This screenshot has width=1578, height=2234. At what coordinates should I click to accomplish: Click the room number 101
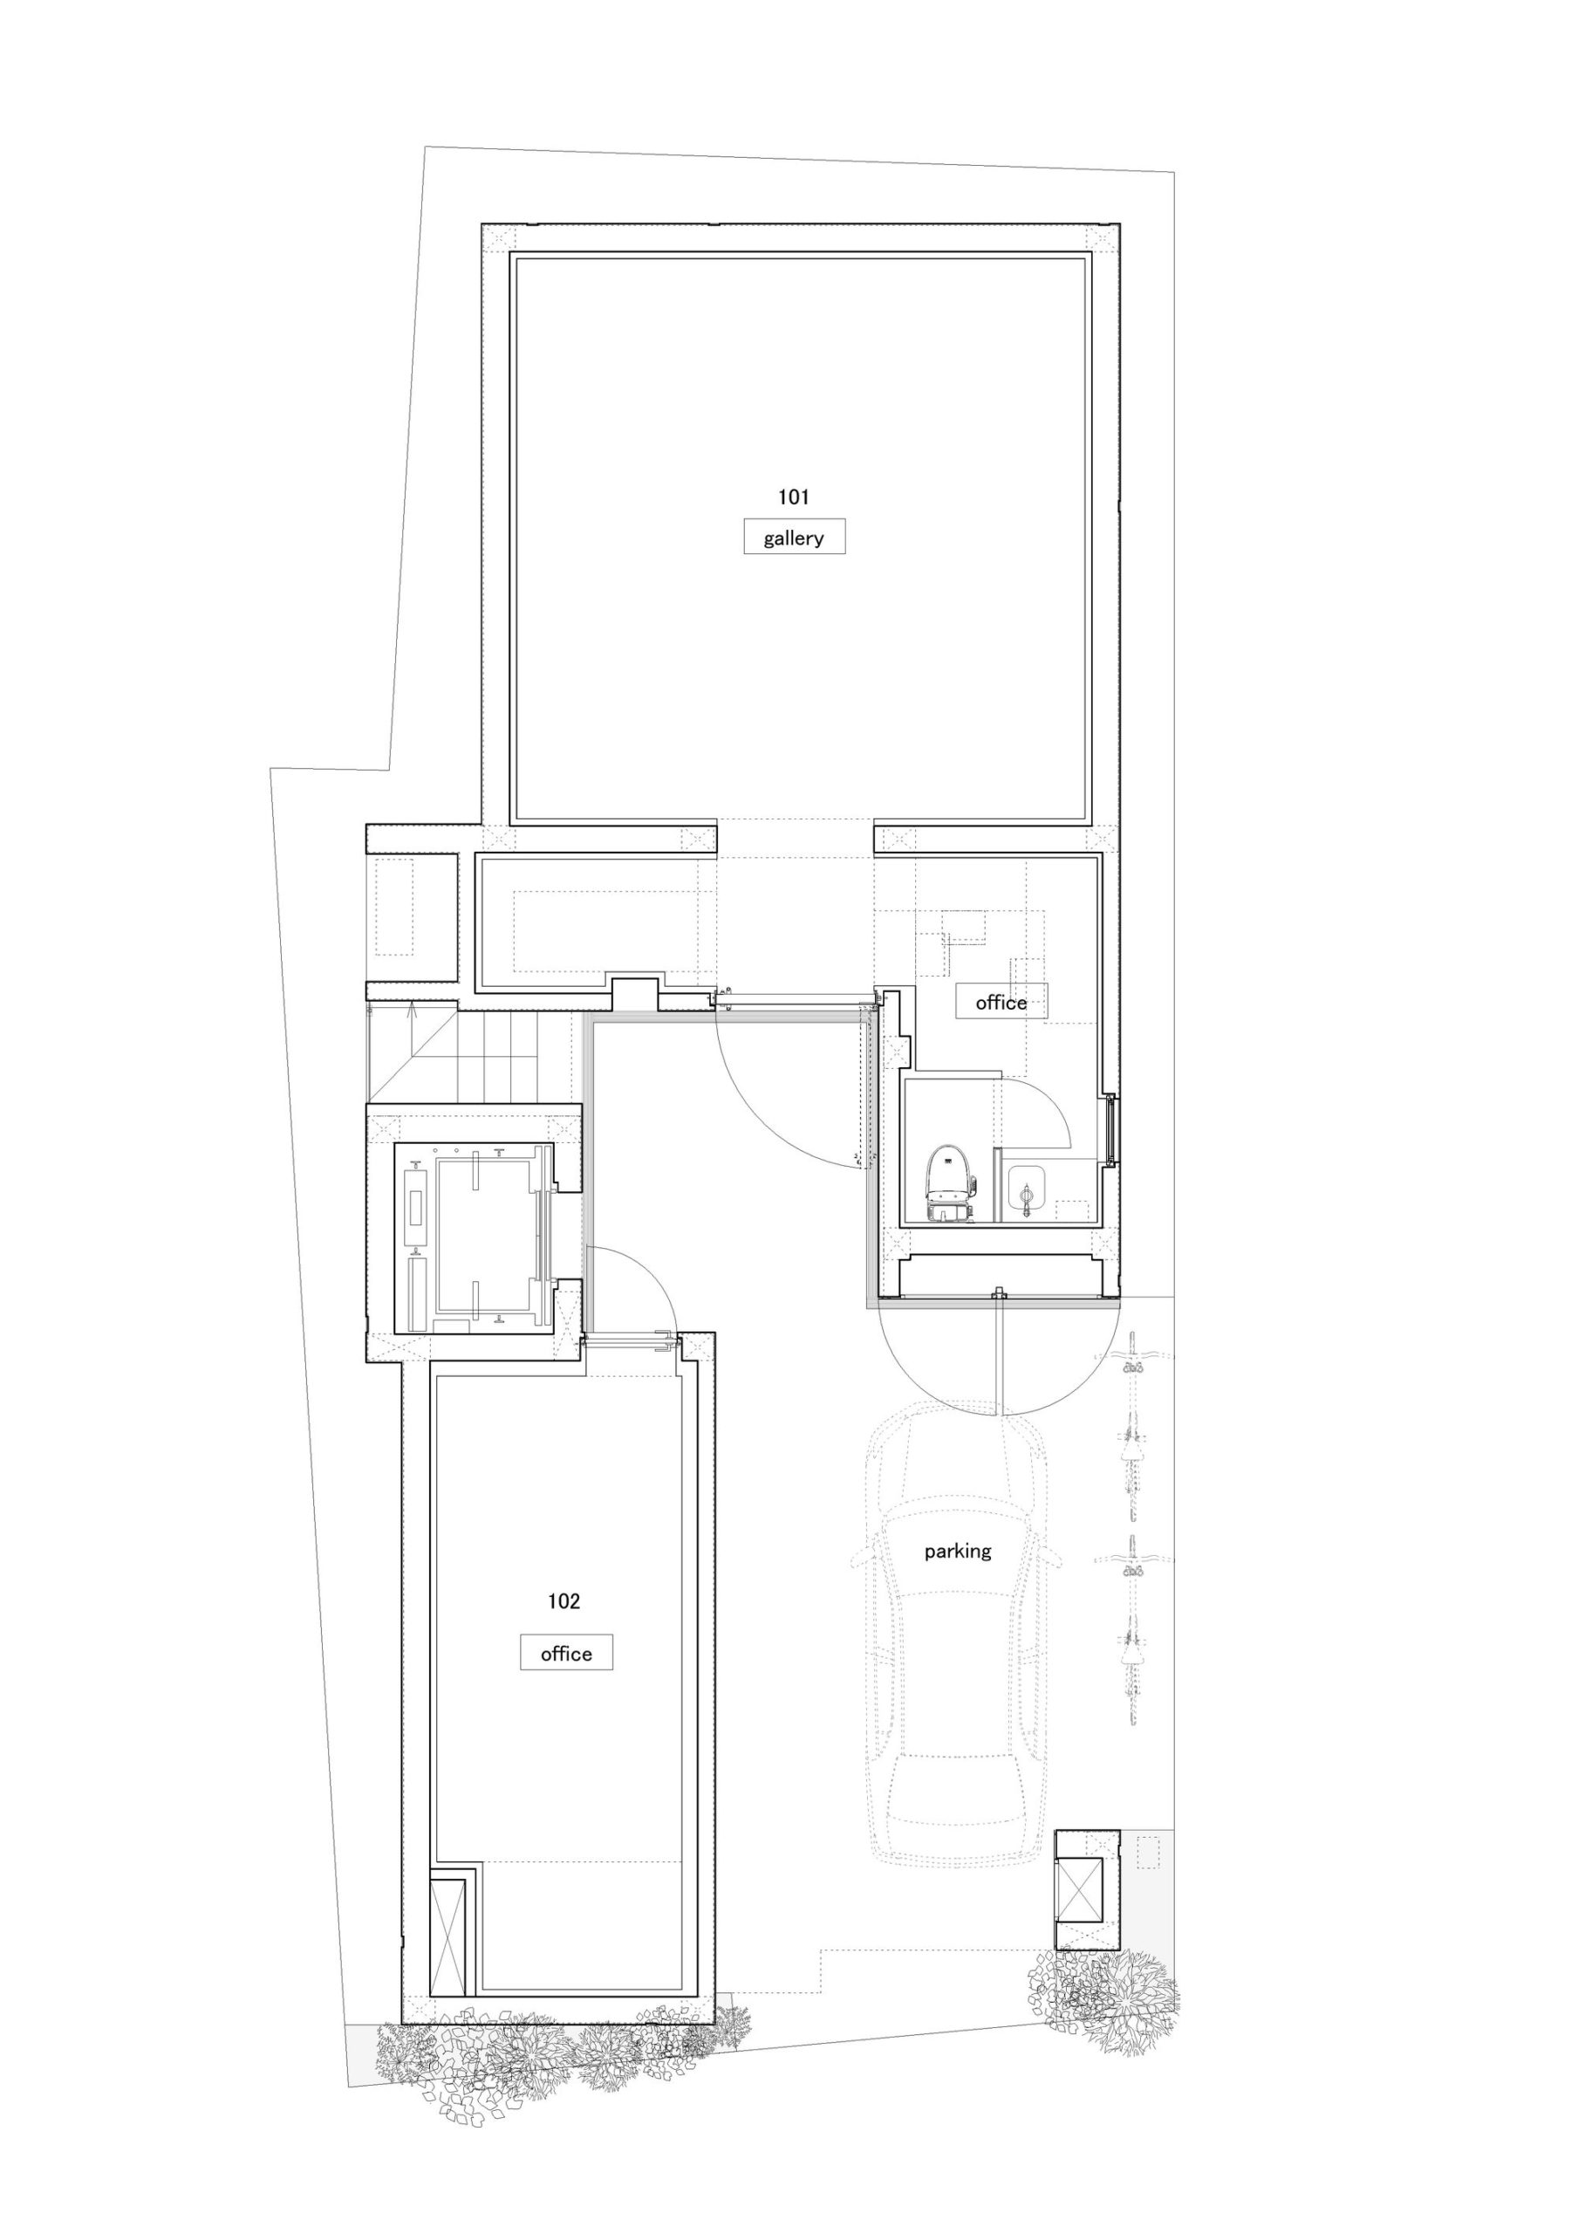click(x=793, y=497)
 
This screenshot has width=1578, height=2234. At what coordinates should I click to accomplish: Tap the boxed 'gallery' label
click(x=794, y=538)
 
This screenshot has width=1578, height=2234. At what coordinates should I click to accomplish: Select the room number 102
click(x=564, y=1601)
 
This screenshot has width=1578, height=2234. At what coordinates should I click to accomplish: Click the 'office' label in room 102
click(x=566, y=1654)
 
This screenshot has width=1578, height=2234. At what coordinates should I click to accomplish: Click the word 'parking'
click(x=957, y=1551)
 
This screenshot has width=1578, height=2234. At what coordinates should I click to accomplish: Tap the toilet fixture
click(x=948, y=1183)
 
